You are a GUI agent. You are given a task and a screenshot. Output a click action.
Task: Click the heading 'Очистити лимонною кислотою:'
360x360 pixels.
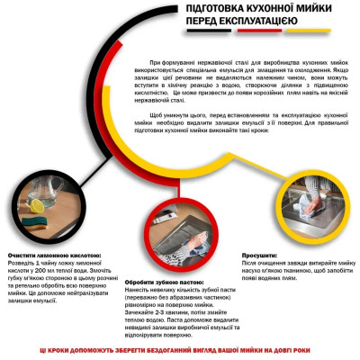tap(54, 255)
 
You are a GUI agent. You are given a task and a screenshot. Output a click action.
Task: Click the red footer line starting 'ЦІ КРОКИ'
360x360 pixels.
tap(180, 348)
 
